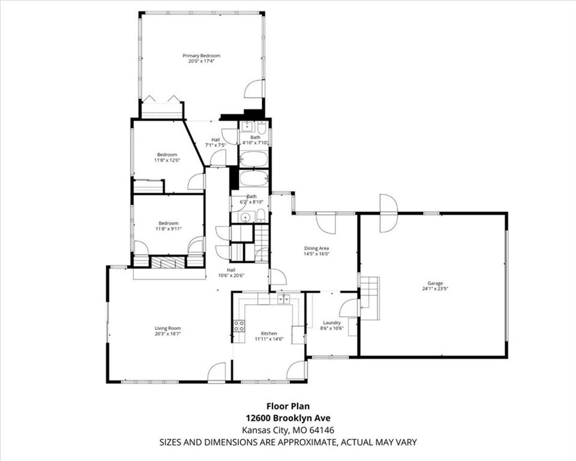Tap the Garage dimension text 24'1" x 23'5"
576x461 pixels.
[x=435, y=289]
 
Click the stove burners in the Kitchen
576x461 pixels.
[x=239, y=326]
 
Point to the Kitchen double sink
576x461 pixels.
[x=283, y=299]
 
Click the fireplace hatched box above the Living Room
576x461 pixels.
[x=168, y=262]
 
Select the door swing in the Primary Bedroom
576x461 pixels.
[x=254, y=89]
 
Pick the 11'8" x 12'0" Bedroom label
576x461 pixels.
[x=167, y=157]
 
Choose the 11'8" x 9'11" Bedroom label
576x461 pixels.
[x=168, y=226]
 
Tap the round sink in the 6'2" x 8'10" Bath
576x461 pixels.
[x=245, y=217]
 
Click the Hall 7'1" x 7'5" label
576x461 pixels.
[x=215, y=142]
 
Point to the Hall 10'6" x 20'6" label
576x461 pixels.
[x=231, y=273]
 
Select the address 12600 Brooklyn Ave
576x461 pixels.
[x=288, y=418]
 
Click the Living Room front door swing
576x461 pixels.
[x=217, y=372]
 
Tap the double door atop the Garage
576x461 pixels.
[x=389, y=212]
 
